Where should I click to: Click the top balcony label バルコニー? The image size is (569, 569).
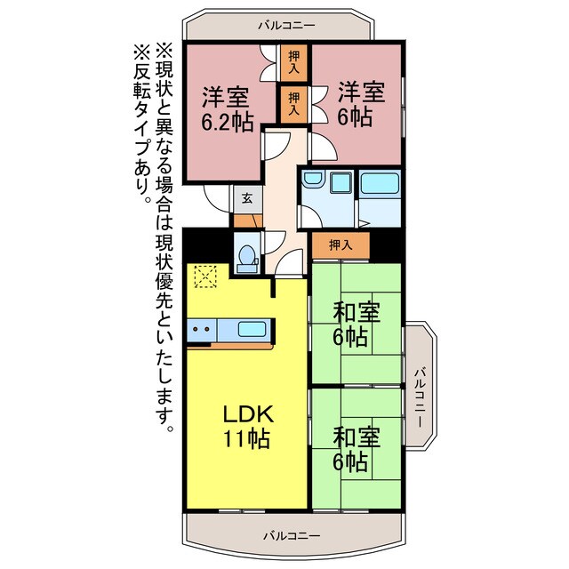pyautogui.click(x=286, y=25)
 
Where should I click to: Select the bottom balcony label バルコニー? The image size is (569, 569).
pyautogui.click(x=291, y=535)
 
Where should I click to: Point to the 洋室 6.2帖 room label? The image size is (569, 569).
pyautogui.click(x=226, y=110)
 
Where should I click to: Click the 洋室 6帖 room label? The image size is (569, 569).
pyautogui.click(x=359, y=105)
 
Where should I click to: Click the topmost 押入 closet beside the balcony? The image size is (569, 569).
pyautogui.click(x=293, y=61)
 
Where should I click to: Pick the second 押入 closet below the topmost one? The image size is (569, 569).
pyautogui.click(x=293, y=103)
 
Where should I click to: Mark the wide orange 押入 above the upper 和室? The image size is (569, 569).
pyautogui.click(x=340, y=244)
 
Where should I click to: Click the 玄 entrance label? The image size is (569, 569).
pyautogui.click(x=246, y=198)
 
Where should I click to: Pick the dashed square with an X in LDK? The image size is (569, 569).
pyautogui.click(x=205, y=278)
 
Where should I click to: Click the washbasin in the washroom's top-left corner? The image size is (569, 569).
pyautogui.click(x=312, y=180)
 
